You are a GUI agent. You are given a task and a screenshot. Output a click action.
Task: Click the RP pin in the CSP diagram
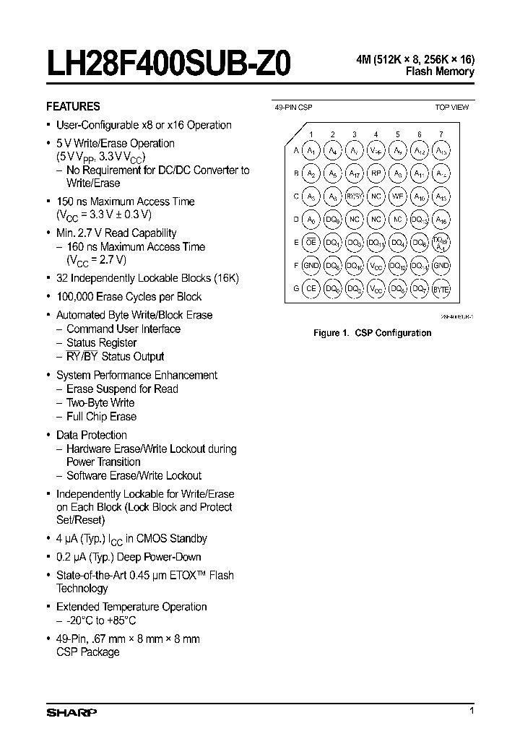(x=376, y=174)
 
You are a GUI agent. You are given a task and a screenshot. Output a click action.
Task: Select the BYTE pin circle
(x=441, y=289)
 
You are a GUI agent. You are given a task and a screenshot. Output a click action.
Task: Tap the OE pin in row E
(x=311, y=243)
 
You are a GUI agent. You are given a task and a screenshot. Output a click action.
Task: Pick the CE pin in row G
(x=311, y=289)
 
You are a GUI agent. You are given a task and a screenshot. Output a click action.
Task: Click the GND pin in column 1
(x=311, y=267)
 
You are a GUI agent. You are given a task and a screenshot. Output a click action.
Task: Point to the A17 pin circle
(x=354, y=174)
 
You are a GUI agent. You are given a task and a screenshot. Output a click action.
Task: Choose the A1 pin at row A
(x=311, y=151)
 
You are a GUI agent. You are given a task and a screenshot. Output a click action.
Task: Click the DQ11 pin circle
(x=376, y=243)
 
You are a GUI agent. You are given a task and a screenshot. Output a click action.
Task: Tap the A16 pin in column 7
(x=441, y=220)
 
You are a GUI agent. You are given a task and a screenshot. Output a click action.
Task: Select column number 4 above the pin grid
(x=376, y=134)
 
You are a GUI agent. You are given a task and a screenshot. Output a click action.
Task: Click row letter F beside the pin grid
(x=296, y=267)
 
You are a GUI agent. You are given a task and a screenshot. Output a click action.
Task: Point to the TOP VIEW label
(x=451, y=107)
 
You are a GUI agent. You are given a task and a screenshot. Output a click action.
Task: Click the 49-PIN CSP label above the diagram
(x=294, y=107)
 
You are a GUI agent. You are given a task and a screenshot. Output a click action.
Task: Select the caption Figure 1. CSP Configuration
(x=372, y=333)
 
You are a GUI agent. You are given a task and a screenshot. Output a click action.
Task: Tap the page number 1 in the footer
(x=472, y=711)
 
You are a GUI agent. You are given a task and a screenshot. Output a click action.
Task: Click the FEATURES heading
(x=73, y=105)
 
